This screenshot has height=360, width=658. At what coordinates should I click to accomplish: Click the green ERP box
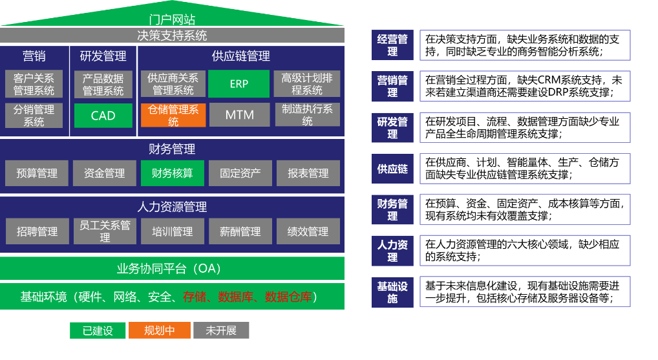pyautogui.click(x=239, y=84)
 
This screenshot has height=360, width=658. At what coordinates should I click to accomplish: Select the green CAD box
pyautogui.click(x=103, y=116)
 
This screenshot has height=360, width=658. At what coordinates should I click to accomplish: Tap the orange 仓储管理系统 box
pyautogui.click(x=173, y=115)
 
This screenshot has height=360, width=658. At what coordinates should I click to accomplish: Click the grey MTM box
pyautogui.click(x=239, y=115)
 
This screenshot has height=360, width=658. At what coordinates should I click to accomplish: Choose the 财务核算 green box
pyautogui.click(x=172, y=173)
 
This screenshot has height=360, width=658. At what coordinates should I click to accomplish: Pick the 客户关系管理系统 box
pyautogui.click(x=34, y=84)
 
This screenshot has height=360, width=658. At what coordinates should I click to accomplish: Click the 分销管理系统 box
pyautogui.click(x=34, y=115)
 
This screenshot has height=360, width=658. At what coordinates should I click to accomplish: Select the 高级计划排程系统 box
pyautogui.click(x=307, y=84)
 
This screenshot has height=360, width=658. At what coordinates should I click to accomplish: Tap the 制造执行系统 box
pyautogui.click(x=307, y=115)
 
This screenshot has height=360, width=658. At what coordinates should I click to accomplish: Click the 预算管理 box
pyautogui.click(x=37, y=173)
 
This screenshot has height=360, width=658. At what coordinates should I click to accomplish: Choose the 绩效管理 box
pyautogui.click(x=308, y=231)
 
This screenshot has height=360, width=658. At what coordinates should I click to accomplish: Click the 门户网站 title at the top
pyautogui.click(x=172, y=20)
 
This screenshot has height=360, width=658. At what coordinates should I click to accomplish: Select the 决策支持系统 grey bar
pyautogui.click(x=172, y=35)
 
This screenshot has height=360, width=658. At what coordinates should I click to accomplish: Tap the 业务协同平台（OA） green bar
pyautogui.click(x=172, y=268)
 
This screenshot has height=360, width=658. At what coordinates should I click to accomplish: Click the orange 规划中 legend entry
pyautogui.click(x=160, y=330)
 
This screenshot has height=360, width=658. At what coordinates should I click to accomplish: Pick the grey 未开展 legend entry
pyautogui.click(x=221, y=330)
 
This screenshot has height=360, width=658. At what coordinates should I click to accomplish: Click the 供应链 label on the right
pyautogui.click(x=392, y=169)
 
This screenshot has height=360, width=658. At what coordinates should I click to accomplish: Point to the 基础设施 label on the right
pyautogui.click(x=392, y=292)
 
